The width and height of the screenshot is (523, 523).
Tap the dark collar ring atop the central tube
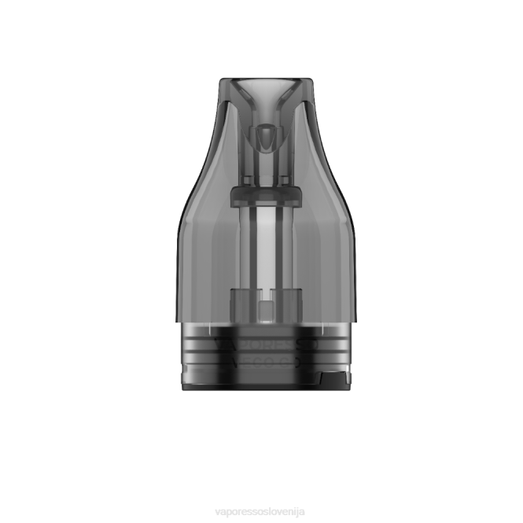tap(265, 197)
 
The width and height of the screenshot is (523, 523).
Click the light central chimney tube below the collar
tap(265, 252)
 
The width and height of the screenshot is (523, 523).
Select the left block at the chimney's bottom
tap(240, 304)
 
